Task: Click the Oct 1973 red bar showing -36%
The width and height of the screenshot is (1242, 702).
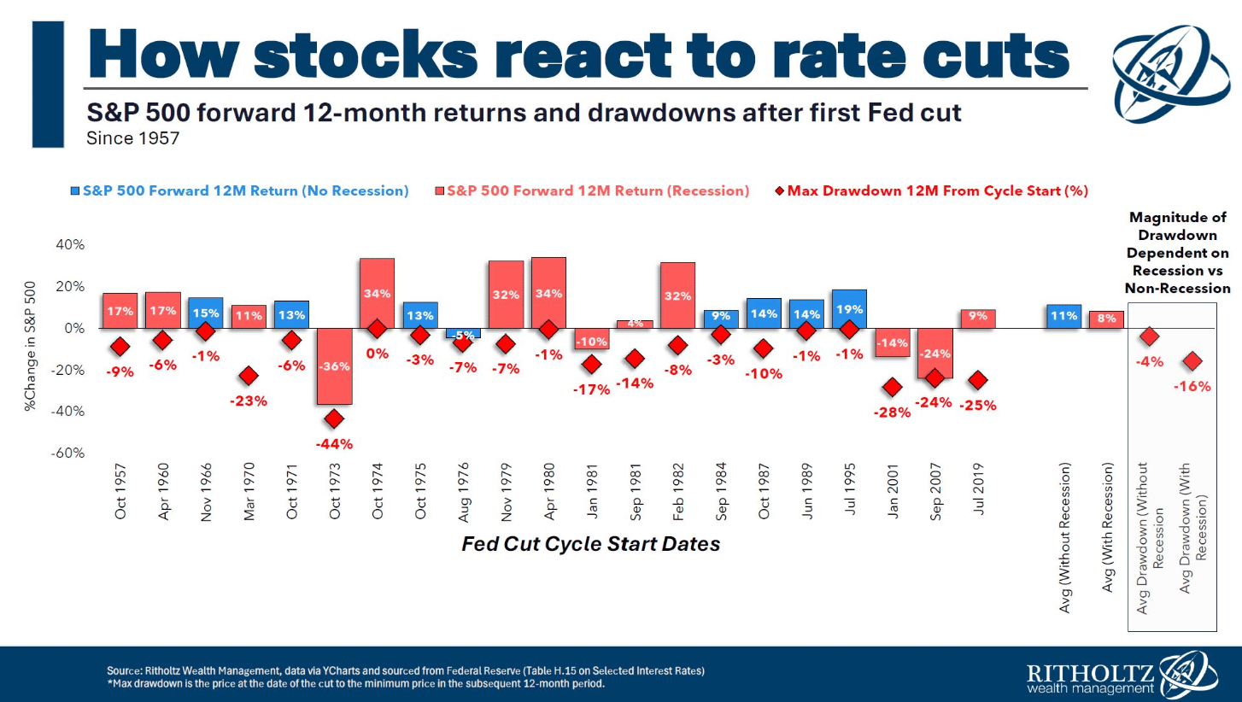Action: [335, 366]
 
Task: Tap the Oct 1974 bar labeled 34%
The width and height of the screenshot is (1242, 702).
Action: [378, 293]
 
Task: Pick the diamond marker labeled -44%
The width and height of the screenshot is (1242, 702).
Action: [335, 418]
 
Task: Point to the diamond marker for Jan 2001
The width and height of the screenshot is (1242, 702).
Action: [893, 388]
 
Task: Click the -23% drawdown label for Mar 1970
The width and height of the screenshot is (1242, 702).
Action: [249, 401]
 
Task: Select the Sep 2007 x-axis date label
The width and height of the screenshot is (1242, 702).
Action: [936, 493]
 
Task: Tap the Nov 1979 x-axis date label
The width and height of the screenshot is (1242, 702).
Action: [507, 493]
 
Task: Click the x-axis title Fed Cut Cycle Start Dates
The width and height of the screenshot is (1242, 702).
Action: [591, 544]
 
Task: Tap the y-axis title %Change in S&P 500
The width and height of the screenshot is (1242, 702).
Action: [31, 348]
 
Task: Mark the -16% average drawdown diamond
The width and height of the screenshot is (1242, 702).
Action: [1192, 362]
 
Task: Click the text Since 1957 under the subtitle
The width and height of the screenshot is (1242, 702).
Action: [133, 137]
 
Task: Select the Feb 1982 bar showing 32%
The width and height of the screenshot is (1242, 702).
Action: [678, 295]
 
